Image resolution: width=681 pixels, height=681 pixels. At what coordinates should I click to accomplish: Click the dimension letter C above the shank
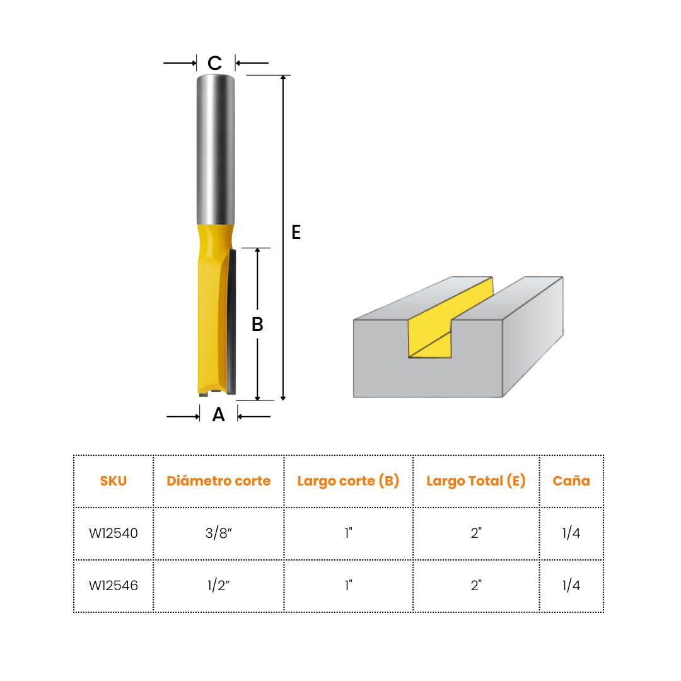click(x=214, y=63)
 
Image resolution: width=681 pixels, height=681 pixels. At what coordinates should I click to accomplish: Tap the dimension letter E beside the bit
click(x=296, y=232)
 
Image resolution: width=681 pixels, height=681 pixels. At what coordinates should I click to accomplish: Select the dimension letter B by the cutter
click(x=257, y=324)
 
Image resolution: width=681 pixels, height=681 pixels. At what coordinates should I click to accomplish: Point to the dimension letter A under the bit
click(x=218, y=415)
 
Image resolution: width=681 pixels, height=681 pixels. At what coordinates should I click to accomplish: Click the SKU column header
click(x=113, y=480)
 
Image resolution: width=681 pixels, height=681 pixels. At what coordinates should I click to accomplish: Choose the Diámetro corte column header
click(x=218, y=480)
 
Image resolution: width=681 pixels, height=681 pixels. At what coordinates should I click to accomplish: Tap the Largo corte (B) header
click(x=348, y=480)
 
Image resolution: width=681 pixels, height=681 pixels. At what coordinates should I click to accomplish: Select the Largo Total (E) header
click(x=476, y=480)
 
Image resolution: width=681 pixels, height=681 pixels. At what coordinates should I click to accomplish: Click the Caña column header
click(x=571, y=480)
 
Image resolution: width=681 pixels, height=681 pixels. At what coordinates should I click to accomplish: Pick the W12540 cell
click(x=113, y=533)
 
